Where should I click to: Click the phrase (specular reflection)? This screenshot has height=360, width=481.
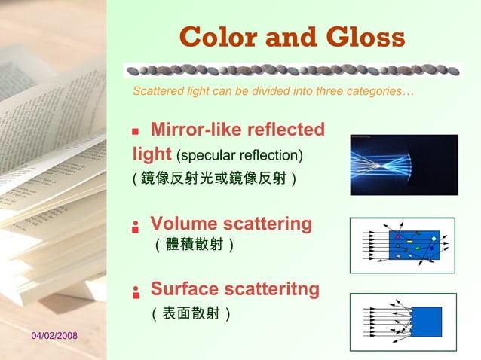(239, 156)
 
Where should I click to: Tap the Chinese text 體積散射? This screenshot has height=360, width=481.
(193, 245)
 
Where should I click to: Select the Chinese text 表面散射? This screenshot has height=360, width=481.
(191, 312)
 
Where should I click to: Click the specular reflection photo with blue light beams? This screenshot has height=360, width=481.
(404, 165)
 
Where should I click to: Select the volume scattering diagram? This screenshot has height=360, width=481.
(403, 245)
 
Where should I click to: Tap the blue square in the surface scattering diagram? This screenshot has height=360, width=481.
(426, 322)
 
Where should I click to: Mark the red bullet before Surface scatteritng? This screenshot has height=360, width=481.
(136, 291)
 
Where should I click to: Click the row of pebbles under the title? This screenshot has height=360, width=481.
(293, 70)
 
